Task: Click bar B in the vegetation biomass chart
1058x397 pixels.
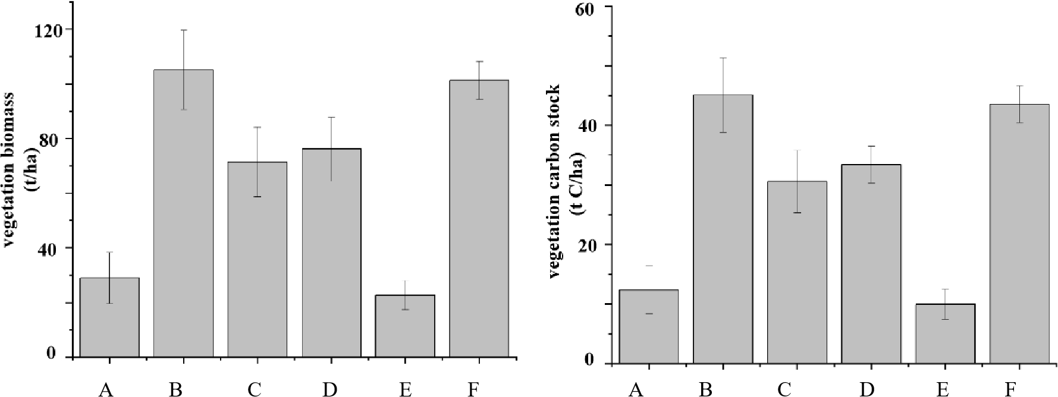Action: pos(183,214)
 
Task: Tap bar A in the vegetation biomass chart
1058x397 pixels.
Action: pos(109,317)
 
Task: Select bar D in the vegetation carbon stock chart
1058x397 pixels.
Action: pos(871,264)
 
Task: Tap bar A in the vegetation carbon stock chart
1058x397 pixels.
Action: pos(649,327)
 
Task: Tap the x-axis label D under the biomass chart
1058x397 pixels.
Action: pos(330,389)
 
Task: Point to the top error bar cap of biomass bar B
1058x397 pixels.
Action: pos(184,30)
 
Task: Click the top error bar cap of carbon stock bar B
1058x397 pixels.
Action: pos(723,58)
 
